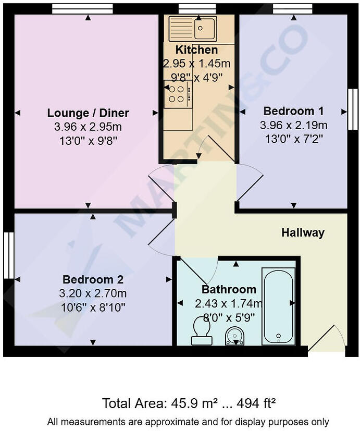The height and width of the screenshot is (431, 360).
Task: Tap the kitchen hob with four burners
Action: tap(177, 94)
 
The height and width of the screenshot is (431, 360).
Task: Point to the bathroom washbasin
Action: tap(235, 336)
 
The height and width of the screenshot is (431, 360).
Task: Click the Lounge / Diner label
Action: tap(88, 113)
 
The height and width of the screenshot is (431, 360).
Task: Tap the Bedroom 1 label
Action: tap(293, 111)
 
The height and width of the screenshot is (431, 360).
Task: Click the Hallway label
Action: tap(303, 233)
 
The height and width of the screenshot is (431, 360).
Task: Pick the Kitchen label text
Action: tap(196, 50)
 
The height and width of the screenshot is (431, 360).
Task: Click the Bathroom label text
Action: tap(229, 290)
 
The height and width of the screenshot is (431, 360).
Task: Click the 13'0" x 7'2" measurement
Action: tap(293, 138)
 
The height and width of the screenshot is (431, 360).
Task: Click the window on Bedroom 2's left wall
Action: tap(7, 255)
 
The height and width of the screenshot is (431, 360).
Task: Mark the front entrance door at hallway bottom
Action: tap(327, 341)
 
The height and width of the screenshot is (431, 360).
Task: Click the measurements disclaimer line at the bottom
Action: tap(188, 421)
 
